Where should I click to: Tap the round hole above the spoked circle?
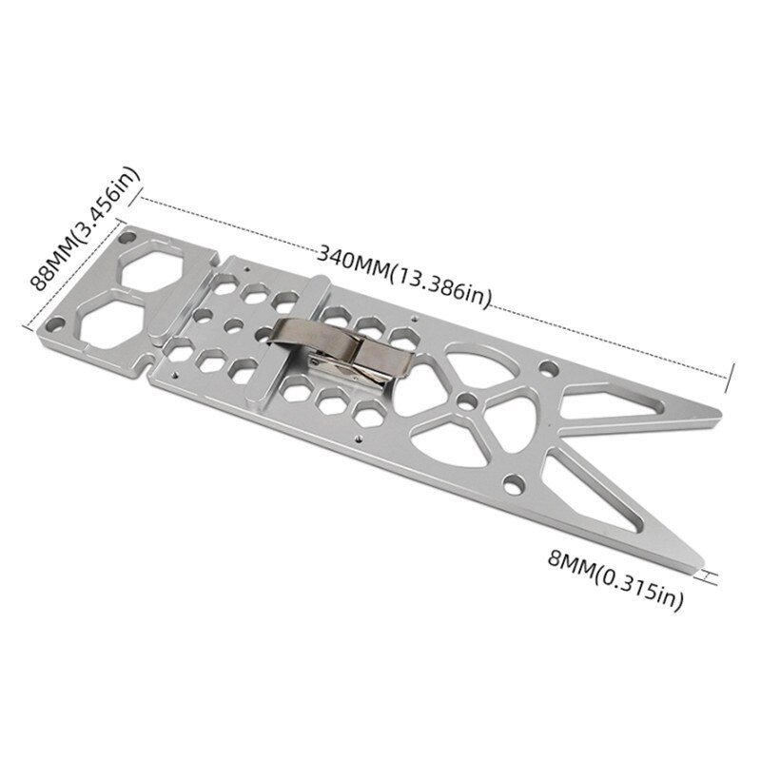click(547, 366)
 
